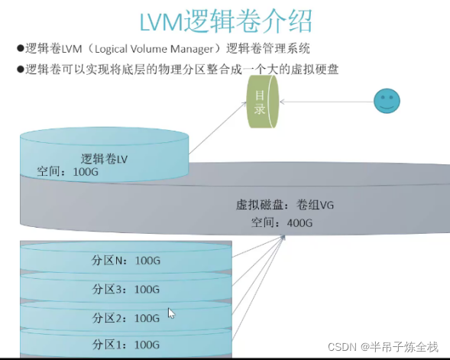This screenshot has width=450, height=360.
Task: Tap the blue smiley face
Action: (x=387, y=100)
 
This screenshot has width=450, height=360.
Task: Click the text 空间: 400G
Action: (x=282, y=222)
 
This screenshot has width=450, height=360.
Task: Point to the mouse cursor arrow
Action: (x=172, y=313)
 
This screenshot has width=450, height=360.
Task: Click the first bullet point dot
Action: (x=20, y=49)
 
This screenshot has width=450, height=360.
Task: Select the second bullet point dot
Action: (x=20, y=69)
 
